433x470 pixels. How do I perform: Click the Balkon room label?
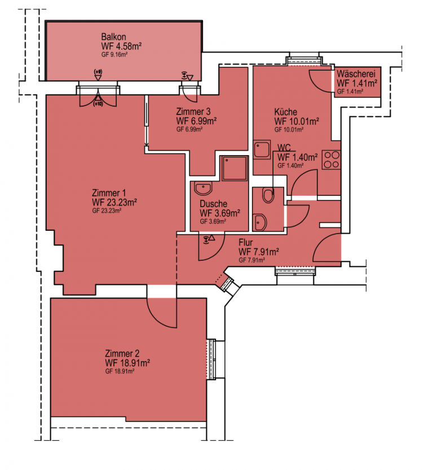(x=113, y=37)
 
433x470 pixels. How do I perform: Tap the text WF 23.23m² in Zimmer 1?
(x=114, y=202)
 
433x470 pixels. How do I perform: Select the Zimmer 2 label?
(x=122, y=353)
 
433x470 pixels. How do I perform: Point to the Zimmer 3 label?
(x=193, y=112)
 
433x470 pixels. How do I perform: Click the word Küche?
(x=286, y=112)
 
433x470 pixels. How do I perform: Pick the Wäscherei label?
(x=356, y=73)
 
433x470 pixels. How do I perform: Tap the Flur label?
(x=246, y=242)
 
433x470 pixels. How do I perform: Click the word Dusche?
(x=214, y=204)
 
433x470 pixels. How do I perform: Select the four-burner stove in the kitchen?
(x=332, y=160)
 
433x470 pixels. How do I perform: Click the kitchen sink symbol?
(x=262, y=150)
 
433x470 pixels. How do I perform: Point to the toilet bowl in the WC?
(x=268, y=195)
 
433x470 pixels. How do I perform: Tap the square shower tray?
(x=235, y=168)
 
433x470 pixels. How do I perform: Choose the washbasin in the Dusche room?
(x=204, y=188)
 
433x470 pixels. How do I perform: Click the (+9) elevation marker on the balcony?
(x=98, y=74)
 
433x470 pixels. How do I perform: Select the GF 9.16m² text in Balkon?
(x=114, y=55)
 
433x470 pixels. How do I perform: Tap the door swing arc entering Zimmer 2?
(x=158, y=316)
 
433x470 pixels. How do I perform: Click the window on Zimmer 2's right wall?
(x=212, y=359)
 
